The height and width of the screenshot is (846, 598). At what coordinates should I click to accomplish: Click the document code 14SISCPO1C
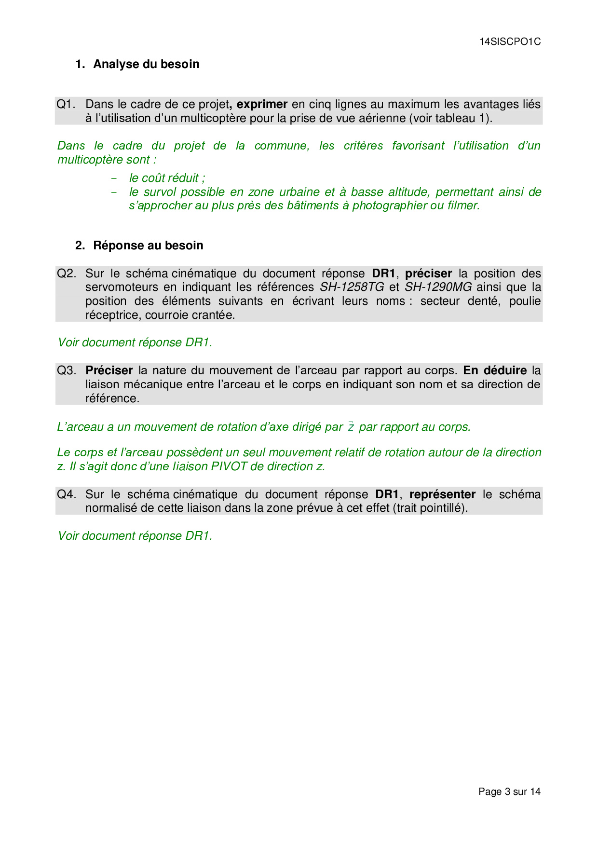pos(510,42)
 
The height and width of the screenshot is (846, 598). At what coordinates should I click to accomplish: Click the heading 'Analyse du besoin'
pos(146,64)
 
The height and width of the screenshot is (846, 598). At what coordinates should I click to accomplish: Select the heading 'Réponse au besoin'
pos(148,246)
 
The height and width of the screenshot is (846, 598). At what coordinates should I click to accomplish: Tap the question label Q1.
pos(66,104)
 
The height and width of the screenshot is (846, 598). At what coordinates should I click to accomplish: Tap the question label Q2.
pos(67,273)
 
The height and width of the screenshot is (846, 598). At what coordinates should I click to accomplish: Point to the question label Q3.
pos(67,370)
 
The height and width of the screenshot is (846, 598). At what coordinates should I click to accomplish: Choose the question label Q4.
pos(67,494)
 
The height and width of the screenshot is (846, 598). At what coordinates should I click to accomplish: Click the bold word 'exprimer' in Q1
pos(262,104)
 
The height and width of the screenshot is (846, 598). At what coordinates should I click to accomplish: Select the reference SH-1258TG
pos(352,287)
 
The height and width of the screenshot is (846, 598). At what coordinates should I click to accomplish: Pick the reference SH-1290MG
pos(438,287)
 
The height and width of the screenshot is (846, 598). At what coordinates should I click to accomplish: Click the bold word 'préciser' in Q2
pos(428,273)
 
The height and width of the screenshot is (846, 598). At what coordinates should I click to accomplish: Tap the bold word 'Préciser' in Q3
pos(109,370)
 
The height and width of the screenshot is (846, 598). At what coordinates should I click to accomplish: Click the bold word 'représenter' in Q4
pos(442,494)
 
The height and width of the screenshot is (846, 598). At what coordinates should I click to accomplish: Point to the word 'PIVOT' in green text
pos(229,466)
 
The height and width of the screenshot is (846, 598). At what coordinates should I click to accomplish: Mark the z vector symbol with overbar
pos(351,427)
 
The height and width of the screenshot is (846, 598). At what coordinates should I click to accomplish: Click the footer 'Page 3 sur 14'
pos(509,791)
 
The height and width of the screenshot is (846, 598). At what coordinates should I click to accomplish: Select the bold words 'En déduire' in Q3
pos(495,370)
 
